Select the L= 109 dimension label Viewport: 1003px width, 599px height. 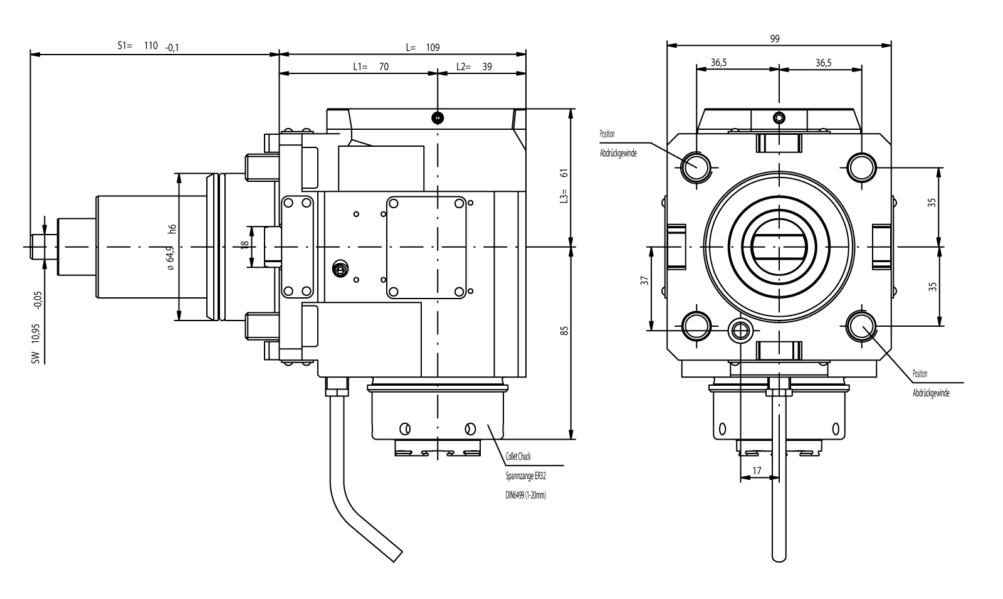point(423,47)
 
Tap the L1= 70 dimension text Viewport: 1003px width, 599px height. point(370,66)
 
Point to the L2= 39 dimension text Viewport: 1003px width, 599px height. point(473,66)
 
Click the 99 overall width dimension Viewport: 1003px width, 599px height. point(775,38)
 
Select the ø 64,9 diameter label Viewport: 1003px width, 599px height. point(170,257)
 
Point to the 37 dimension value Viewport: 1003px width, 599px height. point(644,281)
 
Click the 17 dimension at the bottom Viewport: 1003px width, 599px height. point(756,470)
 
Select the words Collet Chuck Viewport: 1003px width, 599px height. point(518,457)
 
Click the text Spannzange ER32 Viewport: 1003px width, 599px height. point(525,476)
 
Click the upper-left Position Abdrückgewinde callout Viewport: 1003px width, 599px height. point(617,144)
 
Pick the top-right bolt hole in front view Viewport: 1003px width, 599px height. point(861,167)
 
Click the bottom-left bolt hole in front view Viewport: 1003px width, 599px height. point(696,326)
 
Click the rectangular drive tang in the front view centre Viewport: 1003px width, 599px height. point(778,246)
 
